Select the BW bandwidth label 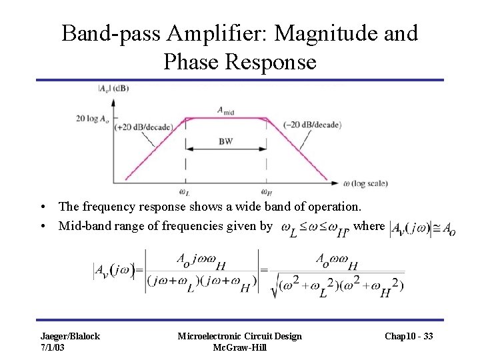point(225,142)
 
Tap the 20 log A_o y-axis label point(95,119)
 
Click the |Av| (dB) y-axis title point(115,87)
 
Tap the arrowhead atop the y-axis point(113,101)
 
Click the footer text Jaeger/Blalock point(70,336)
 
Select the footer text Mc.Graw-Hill point(240,347)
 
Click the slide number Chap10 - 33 point(409,336)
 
